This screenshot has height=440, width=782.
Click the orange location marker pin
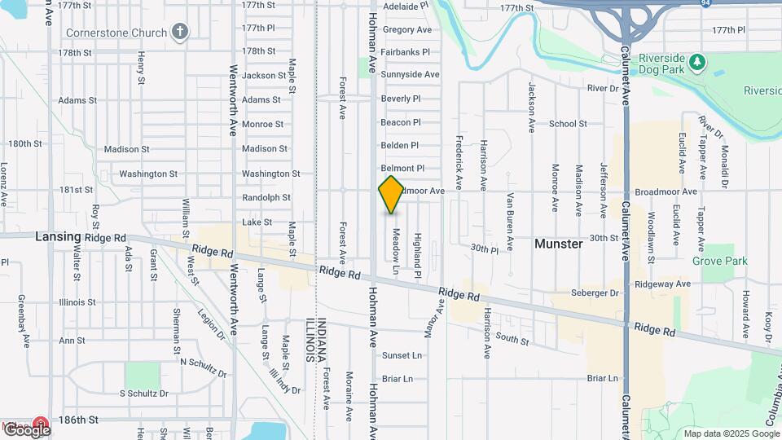click(x=391, y=195)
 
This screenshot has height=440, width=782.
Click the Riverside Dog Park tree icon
click(x=696, y=62)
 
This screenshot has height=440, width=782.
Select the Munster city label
click(x=558, y=244)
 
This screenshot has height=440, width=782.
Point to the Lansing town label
click(x=58, y=236)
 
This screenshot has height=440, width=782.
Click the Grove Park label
click(x=719, y=262)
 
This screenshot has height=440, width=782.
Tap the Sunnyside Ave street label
click(x=410, y=74)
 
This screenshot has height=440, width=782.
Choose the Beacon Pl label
click(x=401, y=122)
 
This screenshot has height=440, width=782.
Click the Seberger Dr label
click(x=595, y=293)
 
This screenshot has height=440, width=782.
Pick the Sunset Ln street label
click(x=402, y=355)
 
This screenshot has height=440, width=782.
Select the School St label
click(x=568, y=124)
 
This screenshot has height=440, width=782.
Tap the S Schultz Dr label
click(x=143, y=393)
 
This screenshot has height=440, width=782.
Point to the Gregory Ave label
click(x=406, y=29)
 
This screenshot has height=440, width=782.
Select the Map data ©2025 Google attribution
click(x=731, y=433)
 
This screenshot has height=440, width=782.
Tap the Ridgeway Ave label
click(x=665, y=284)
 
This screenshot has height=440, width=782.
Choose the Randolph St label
click(x=266, y=197)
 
